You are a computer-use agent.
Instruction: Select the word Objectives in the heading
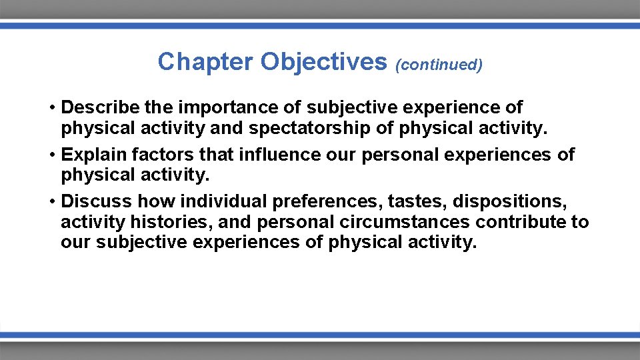(323, 62)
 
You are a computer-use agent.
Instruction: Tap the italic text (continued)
(439, 65)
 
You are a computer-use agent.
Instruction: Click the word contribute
(525, 221)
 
